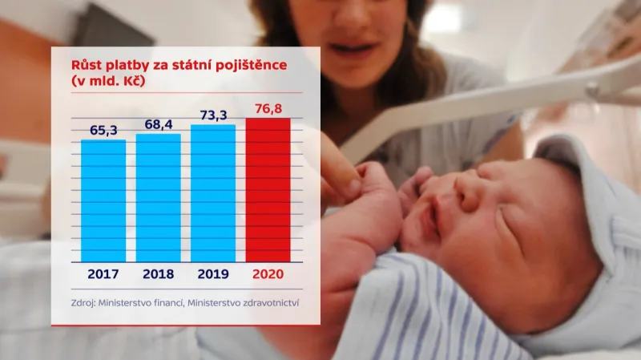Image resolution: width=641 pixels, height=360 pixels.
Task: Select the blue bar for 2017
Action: tap(103, 200)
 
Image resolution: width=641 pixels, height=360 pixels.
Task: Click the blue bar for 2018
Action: tap(158, 197)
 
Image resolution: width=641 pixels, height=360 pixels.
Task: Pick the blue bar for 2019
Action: tap(213, 193)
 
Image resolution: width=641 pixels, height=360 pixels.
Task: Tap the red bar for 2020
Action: tap(268, 190)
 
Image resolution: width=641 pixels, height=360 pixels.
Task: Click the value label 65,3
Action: tap(103, 129)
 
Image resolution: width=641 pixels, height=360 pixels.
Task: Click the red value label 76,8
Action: tap(268, 107)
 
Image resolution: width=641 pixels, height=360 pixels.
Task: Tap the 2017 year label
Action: tap(103, 274)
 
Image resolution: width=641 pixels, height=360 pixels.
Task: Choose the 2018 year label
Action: tap(158, 274)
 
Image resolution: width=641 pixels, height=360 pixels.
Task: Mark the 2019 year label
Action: tap(213, 274)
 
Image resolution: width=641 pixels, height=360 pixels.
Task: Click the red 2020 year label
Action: tap(268, 274)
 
